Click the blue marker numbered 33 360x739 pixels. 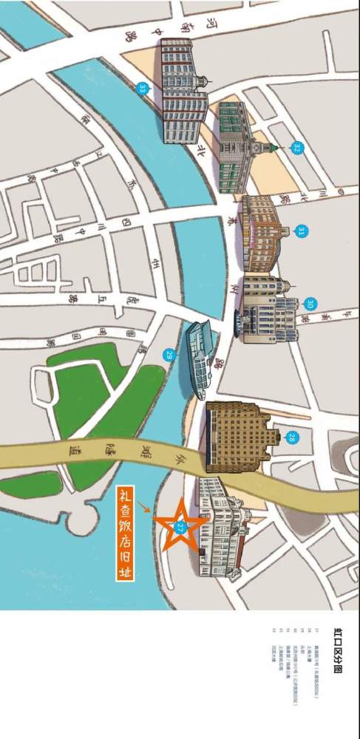(x=143, y=88)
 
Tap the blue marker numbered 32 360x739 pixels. (x=297, y=148)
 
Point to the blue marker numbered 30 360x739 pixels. (x=310, y=304)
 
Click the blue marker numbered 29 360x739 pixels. (x=169, y=355)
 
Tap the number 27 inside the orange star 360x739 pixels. (x=180, y=525)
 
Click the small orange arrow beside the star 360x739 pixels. (x=146, y=508)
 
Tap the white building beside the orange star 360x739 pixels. (x=222, y=528)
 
